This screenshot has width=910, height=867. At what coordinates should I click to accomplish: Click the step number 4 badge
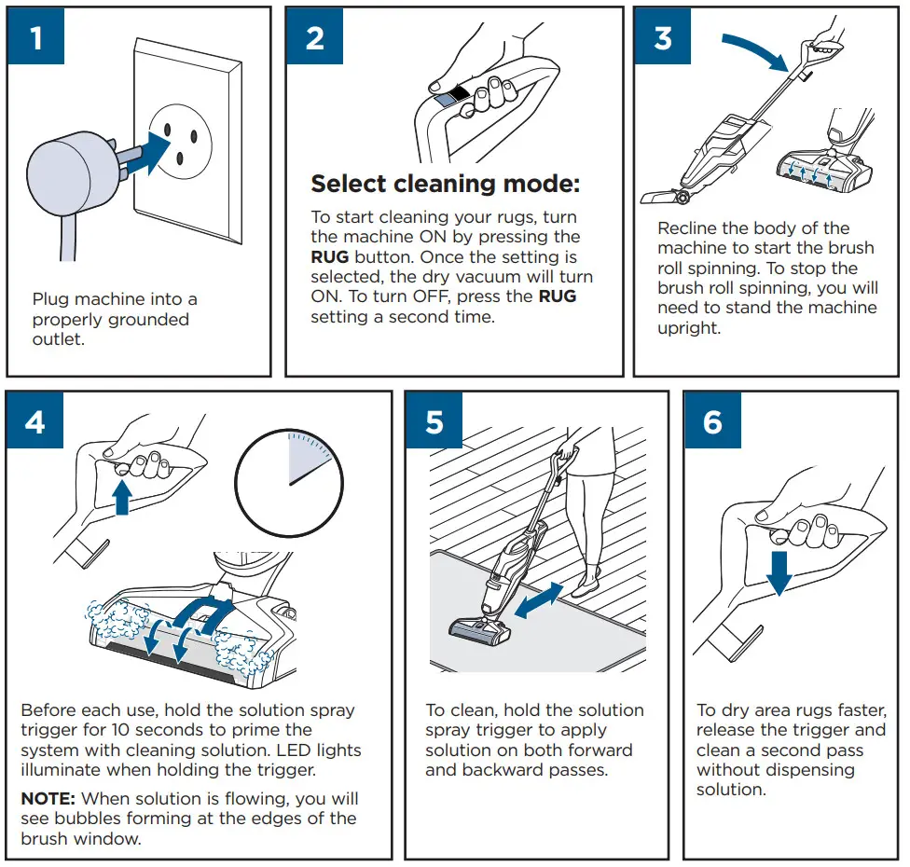[x=35, y=421]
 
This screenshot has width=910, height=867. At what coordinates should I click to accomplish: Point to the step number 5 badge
[x=434, y=421]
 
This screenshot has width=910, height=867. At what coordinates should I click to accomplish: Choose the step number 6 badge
[x=712, y=421]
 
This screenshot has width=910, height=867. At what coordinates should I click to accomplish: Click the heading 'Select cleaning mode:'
[x=445, y=184]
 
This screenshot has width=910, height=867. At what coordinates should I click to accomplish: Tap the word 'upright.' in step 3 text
[x=689, y=328]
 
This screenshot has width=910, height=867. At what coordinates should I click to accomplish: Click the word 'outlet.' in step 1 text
[x=59, y=340]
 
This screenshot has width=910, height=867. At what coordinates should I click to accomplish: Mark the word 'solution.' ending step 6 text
[x=730, y=790]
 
